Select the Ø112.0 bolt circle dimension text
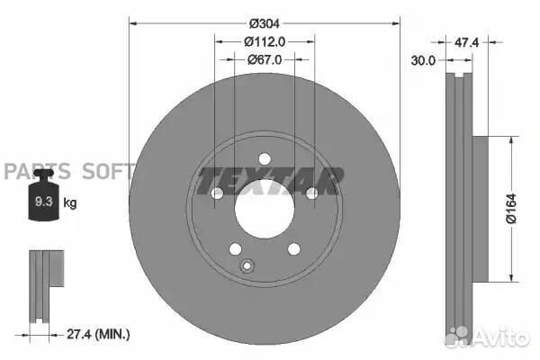pos(264,40)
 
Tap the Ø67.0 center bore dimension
pos(265,59)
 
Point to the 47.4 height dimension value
pos(465,42)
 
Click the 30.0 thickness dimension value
pos(422,60)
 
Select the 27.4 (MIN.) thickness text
pos(99,334)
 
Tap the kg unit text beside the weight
pos(70,203)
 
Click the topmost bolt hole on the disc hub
pos(265,159)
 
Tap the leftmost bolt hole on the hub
pos(217,193)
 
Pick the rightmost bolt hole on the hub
pos(311,193)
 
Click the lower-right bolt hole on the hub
pos(293,249)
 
